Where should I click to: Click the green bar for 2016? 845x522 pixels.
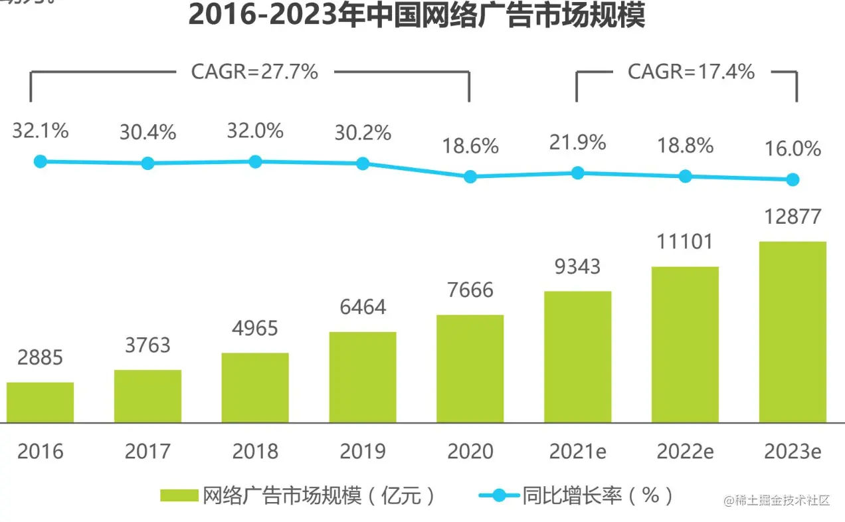coord(40,402)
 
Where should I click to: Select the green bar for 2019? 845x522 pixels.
coord(363,377)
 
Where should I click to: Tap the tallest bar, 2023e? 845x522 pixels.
coord(793,332)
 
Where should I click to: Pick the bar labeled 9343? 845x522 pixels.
coord(577,357)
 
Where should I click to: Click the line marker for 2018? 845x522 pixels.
coord(255,161)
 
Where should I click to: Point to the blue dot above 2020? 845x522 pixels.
coord(470,177)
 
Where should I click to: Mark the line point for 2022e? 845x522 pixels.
coord(686,176)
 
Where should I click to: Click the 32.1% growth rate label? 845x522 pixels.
coord(40,131)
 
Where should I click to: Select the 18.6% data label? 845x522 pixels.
coord(470,146)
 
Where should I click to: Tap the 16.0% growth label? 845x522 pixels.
coord(793,149)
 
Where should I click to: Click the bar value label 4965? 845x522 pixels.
coord(255,328)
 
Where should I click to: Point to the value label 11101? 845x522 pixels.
coord(686,241)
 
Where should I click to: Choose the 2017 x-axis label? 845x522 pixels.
coord(147,452)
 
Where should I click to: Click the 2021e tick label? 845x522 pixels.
coord(577,452)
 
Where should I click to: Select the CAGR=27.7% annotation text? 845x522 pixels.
coord(254,72)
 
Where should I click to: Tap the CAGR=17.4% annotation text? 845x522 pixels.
coord(691,72)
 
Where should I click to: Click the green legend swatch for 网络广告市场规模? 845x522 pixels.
coord(179,495)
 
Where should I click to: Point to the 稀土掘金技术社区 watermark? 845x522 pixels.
coord(777,500)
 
